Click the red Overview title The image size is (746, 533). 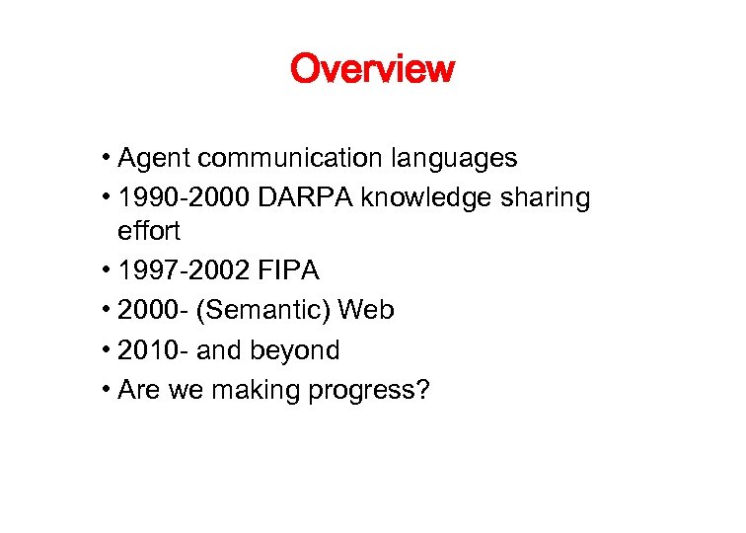coord(372,69)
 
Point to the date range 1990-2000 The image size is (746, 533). coord(184,197)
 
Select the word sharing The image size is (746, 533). coord(546,197)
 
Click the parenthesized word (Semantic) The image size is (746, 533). coord(262,311)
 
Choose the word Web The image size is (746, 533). coord(366,311)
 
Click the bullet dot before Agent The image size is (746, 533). coord(105,159)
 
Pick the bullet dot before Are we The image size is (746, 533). coord(105,390)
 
